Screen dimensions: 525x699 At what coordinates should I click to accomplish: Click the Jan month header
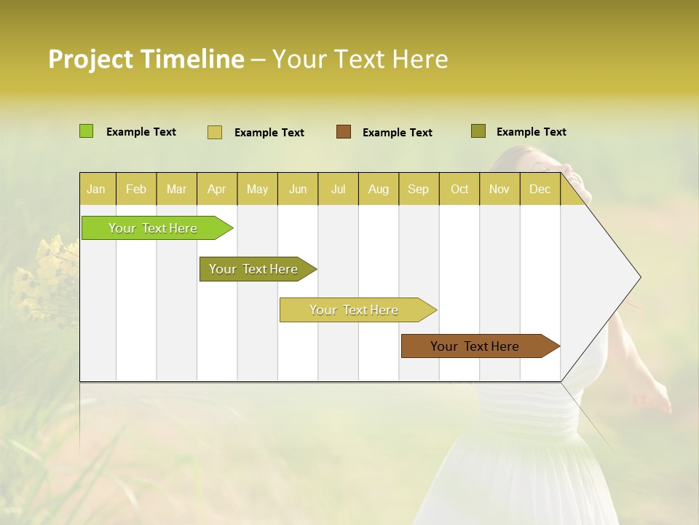click(97, 189)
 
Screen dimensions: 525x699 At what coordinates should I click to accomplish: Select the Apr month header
click(217, 189)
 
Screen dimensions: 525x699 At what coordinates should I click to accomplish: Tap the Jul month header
click(339, 189)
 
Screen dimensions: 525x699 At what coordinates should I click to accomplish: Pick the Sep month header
click(419, 189)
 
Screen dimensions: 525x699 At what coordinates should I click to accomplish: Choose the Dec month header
click(540, 189)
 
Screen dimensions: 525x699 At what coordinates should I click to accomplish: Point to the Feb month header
click(136, 189)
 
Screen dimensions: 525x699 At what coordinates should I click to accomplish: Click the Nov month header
click(499, 189)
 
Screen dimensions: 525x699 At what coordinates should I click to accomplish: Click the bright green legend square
click(87, 131)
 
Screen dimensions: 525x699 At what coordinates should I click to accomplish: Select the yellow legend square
click(215, 132)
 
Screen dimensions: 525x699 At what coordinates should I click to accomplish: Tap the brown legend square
click(344, 131)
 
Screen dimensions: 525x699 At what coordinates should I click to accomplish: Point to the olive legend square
click(478, 131)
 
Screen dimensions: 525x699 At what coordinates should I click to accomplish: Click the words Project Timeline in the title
click(146, 59)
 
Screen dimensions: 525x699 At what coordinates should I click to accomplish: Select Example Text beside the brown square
click(398, 132)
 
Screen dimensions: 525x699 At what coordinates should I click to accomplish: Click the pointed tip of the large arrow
click(639, 277)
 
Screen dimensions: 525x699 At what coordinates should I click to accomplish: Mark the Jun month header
click(298, 189)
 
